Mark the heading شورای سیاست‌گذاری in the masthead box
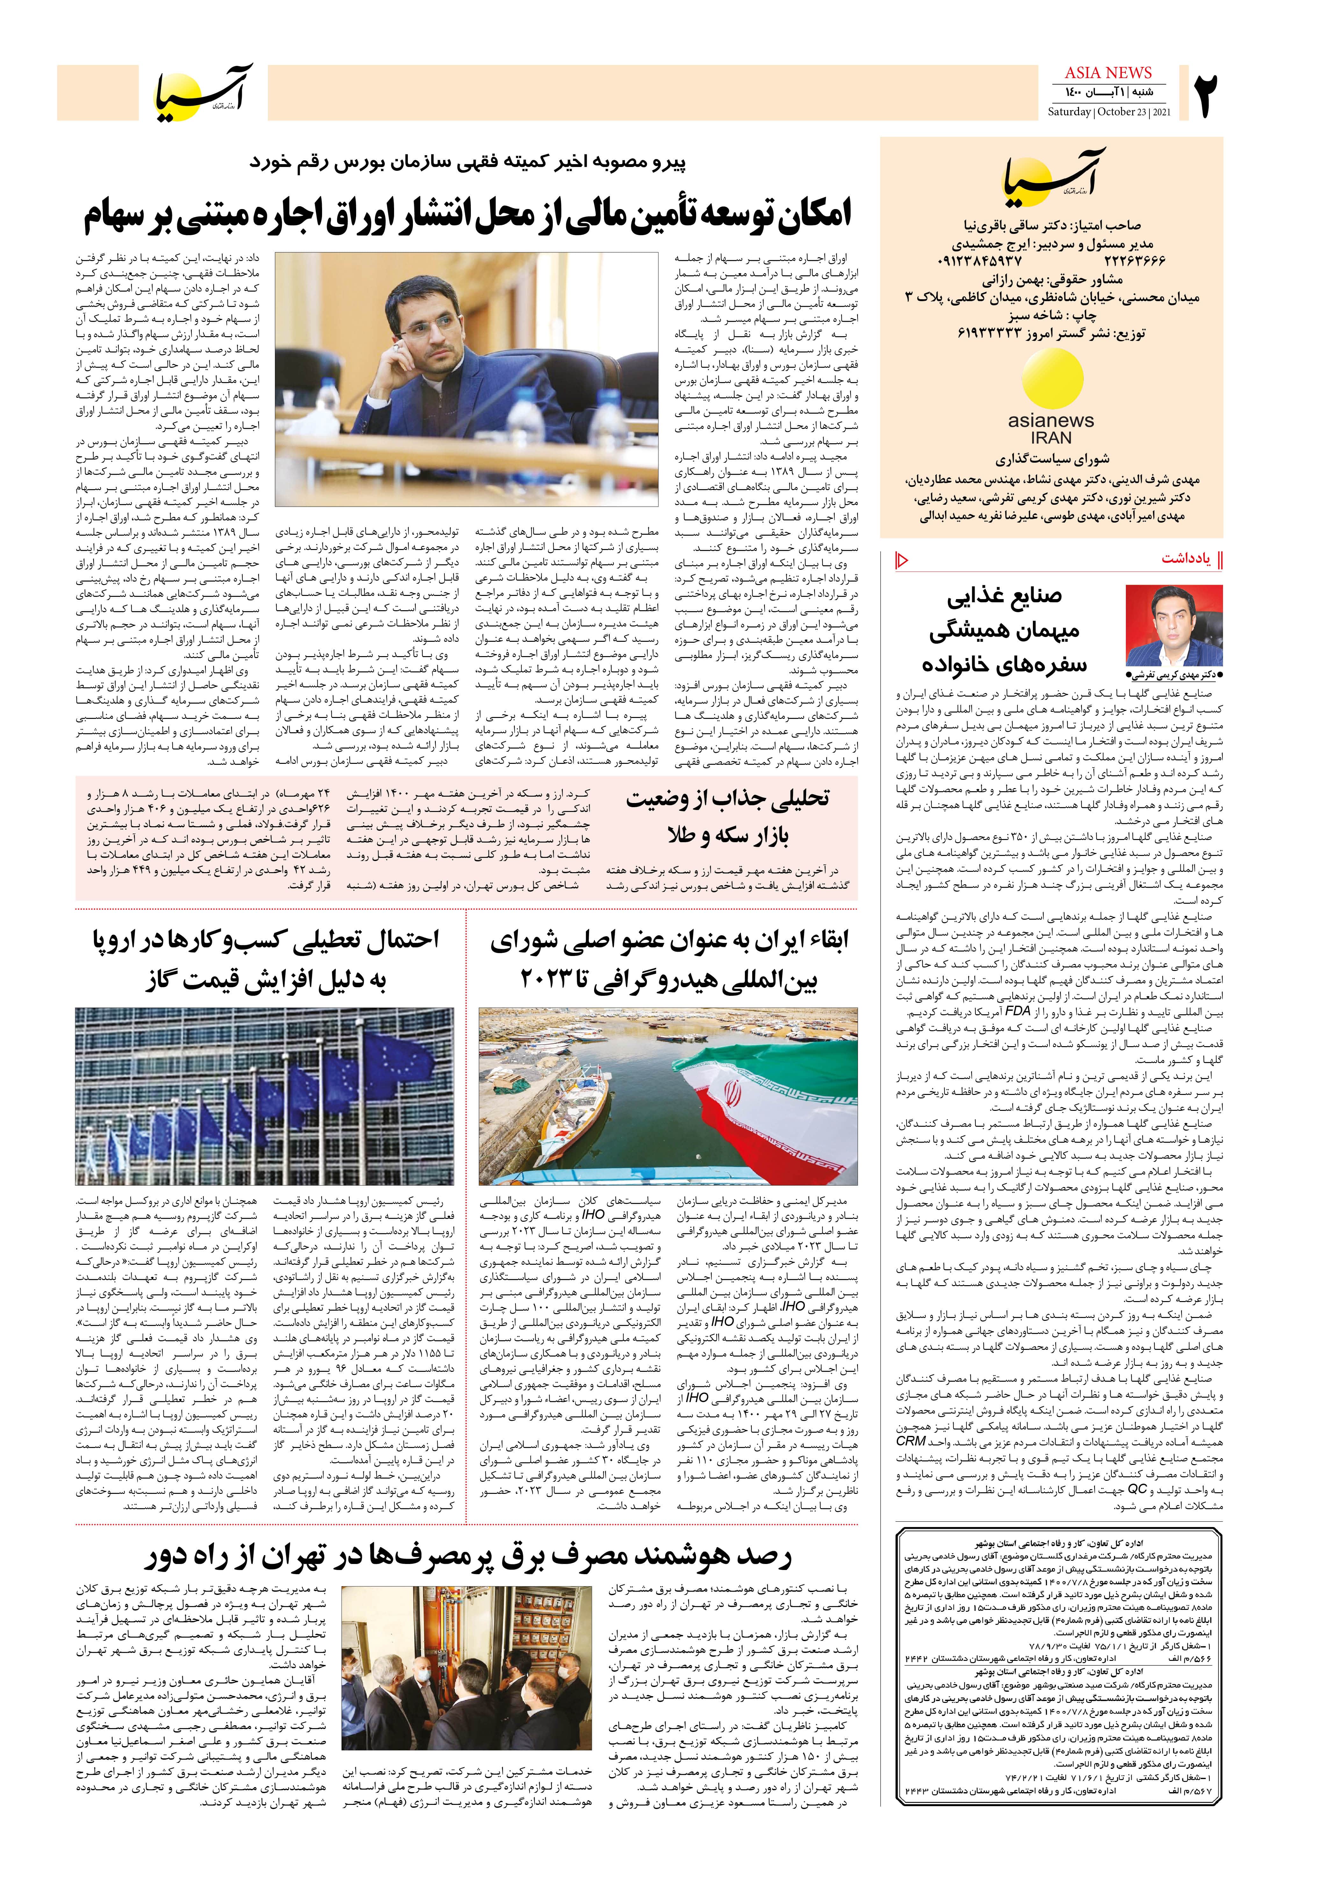coord(1052,460)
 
